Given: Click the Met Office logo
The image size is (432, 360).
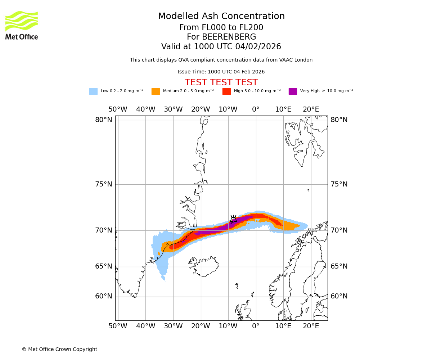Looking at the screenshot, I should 22,25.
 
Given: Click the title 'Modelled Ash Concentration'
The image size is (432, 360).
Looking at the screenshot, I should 221,17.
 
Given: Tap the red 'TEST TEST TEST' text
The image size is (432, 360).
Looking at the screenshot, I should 221,83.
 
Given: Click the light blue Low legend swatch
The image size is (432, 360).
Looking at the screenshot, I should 93,91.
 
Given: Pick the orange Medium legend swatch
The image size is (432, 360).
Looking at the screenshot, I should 156,91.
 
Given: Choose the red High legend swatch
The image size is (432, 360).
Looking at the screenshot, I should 226,91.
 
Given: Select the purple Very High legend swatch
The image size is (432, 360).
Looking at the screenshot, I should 293,91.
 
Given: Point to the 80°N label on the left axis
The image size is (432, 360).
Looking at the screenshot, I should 104,120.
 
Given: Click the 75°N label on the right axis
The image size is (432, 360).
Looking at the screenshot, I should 339,184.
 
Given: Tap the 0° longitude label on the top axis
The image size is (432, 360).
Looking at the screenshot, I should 256,109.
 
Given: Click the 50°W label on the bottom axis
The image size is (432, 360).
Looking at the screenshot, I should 118,326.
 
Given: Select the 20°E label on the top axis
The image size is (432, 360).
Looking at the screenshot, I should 311,109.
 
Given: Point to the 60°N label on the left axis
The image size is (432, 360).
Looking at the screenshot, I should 104,296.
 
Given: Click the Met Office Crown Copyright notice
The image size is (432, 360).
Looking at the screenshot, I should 59,350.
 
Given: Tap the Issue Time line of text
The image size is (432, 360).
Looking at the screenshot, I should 221,72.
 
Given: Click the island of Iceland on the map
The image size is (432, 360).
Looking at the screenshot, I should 203,266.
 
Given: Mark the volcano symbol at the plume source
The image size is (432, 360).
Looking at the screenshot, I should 233,219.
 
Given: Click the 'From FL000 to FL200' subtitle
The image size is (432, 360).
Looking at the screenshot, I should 221,28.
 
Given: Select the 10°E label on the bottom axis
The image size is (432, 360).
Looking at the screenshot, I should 283,326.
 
